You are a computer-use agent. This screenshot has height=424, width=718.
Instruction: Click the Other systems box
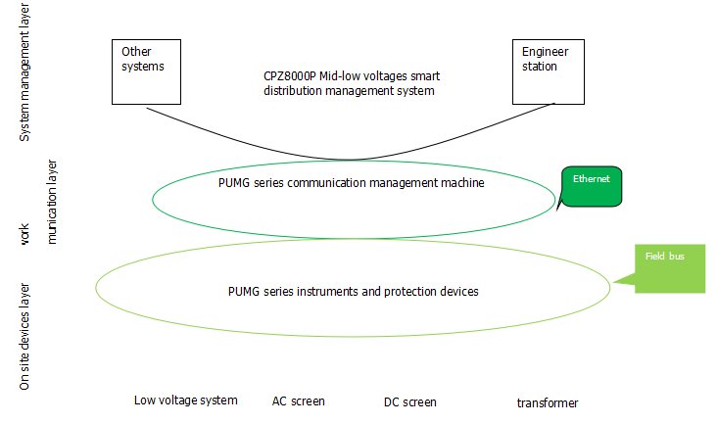148,70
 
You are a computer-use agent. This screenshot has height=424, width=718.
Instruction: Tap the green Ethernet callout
592,186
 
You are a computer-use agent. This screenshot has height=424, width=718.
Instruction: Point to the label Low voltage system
186,400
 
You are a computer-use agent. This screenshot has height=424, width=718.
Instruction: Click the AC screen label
299,401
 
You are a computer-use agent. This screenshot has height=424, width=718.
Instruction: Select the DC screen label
410,402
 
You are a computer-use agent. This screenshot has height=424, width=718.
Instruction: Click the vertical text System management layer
26,72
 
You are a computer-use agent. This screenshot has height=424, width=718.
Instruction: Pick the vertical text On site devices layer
26,337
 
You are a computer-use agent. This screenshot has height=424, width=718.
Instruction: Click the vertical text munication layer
53,202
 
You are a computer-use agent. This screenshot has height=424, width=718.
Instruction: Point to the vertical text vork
26,235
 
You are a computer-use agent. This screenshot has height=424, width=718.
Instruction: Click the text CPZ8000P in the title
292,75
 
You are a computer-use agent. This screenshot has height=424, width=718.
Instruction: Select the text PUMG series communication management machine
351,182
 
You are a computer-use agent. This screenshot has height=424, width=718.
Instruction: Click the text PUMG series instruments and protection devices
353,291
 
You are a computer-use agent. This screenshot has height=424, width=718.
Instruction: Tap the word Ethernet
592,180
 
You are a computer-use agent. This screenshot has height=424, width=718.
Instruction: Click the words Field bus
664,257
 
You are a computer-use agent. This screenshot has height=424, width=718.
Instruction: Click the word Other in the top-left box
137,51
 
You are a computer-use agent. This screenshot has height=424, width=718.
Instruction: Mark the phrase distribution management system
349,90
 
